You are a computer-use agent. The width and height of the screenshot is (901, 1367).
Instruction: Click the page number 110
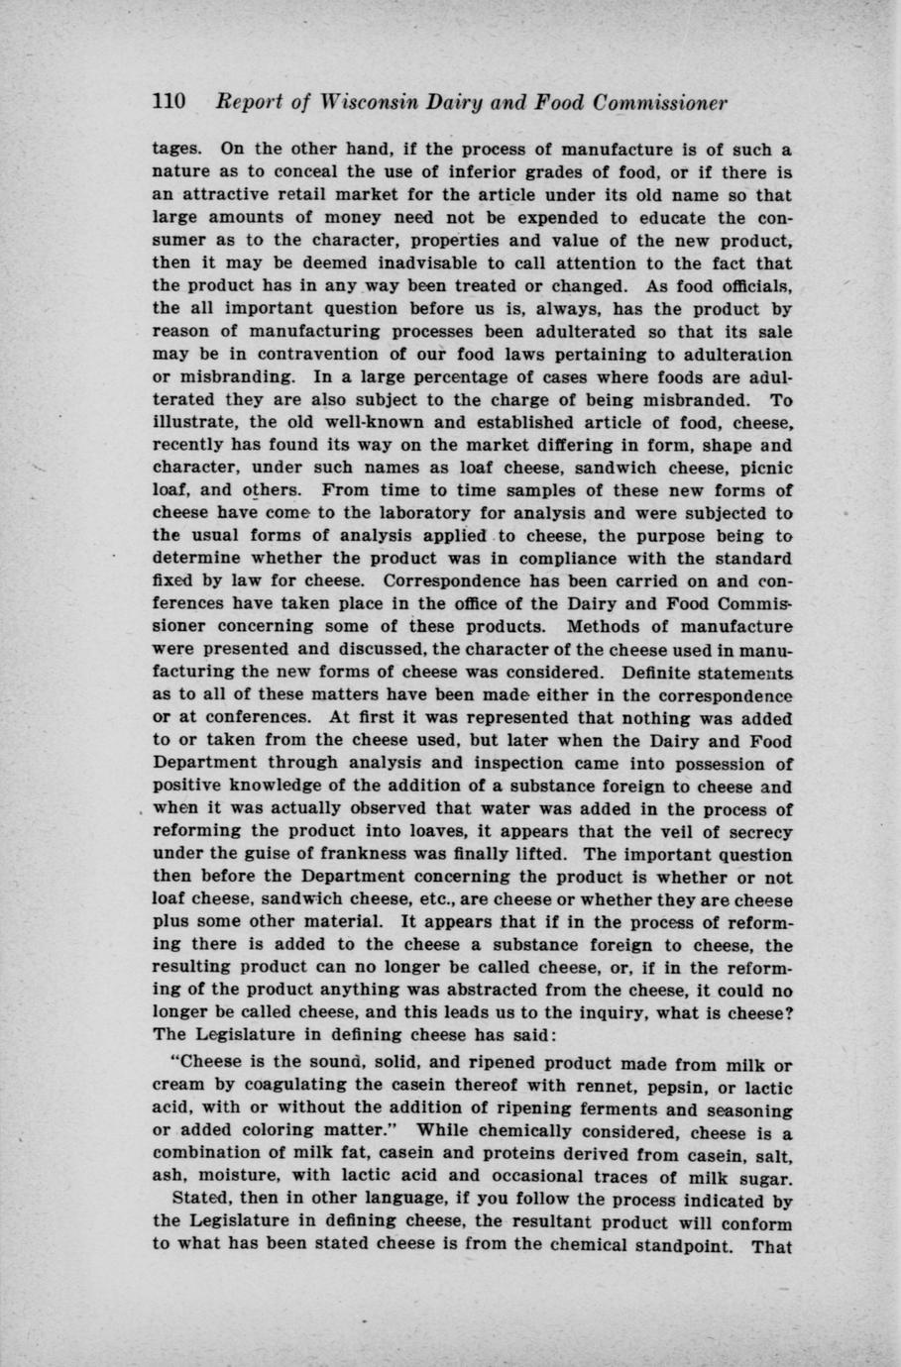point(169,103)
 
